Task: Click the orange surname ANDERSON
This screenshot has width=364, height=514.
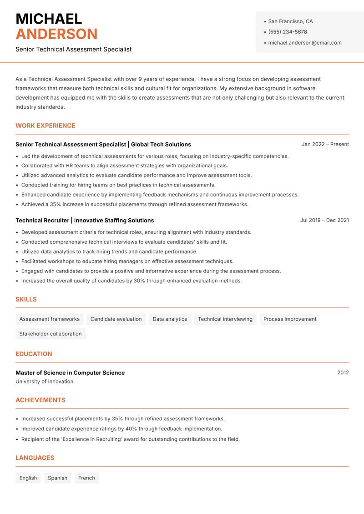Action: pyautogui.click(x=56, y=34)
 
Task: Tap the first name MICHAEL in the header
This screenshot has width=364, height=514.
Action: pyautogui.click(x=49, y=19)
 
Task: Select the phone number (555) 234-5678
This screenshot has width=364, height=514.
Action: pyautogui.click(x=288, y=32)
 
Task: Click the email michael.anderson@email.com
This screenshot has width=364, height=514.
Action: pyautogui.click(x=305, y=43)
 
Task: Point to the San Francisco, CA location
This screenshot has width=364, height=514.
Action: pyautogui.click(x=290, y=21)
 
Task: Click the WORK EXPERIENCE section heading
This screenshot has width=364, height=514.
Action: pyautogui.click(x=45, y=126)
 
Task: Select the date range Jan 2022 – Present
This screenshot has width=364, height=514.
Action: pyautogui.click(x=325, y=144)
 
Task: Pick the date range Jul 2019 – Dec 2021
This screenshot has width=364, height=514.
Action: pyautogui.click(x=324, y=220)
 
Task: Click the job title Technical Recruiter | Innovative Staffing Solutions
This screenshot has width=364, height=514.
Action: pyautogui.click(x=85, y=220)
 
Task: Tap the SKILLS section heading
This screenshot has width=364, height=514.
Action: pyautogui.click(x=26, y=299)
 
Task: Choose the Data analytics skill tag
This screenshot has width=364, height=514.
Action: pyautogui.click(x=170, y=319)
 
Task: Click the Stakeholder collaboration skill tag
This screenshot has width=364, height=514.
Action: pyautogui.click(x=51, y=334)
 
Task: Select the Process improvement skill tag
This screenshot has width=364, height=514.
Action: pyautogui.click(x=290, y=319)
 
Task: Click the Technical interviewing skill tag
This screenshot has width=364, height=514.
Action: pyautogui.click(x=225, y=319)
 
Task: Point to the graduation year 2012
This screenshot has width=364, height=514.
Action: pyautogui.click(x=343, y=373)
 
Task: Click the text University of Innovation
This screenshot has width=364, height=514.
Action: pyautogui.click(x=44, y=382)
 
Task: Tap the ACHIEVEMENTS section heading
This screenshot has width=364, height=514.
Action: pyautogui.click(x=40, y=400)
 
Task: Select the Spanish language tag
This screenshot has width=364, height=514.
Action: pyautogui.click(x=57, y=478)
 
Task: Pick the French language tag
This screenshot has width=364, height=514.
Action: pyautogui.click(x=86, y=478)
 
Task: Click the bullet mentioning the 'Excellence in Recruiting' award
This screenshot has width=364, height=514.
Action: pyautogui.click(x=130, y=439)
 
